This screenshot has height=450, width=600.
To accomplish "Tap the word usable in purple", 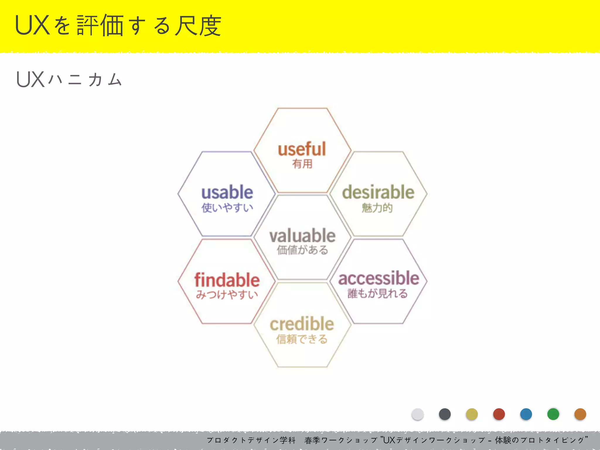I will pyautogui.click(x=227, y=192).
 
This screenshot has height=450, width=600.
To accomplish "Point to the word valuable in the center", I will pyautogui.click(x=302, y=236).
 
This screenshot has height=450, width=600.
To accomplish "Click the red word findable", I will pyautogui.click(x=227, y=280).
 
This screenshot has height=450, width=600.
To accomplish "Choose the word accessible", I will pyautogui.click(x=379, y=278).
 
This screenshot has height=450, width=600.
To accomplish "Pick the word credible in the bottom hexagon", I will pyautogui.click(x=302, y=324).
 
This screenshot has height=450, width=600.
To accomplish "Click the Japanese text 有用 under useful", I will pyautogui.click(x=302, y=164).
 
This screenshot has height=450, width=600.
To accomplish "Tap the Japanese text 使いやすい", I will pyautogui.click(x=227, y=208).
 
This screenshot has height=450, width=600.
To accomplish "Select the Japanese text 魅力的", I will pyautogui.click(x=377, y=208).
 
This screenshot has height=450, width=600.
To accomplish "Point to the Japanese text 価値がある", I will pyautogui.click(x=302, y=250).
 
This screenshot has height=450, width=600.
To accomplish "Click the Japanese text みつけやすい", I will pyautogui.click(x=227, y=294).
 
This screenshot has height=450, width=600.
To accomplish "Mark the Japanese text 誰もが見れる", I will pyautogui.click(x=377, y=293).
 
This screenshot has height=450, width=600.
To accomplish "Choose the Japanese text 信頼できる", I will pyautogui.click(x=302, y=339).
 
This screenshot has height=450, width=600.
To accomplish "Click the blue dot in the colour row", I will pyautogui.click(x=526, y=414).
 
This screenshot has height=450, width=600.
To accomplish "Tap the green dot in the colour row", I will pyautogui.click(x=553, y=414).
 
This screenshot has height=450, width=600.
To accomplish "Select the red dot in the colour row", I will pyautogui.click(x=499, y=414).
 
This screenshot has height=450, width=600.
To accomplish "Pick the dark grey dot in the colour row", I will pyautogui.click(x=445, y=414).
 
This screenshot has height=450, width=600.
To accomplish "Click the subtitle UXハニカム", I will pyautogui.click(x=69, y=80).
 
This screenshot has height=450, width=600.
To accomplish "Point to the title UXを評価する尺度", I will pyautogui.click(x=118, y=26).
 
